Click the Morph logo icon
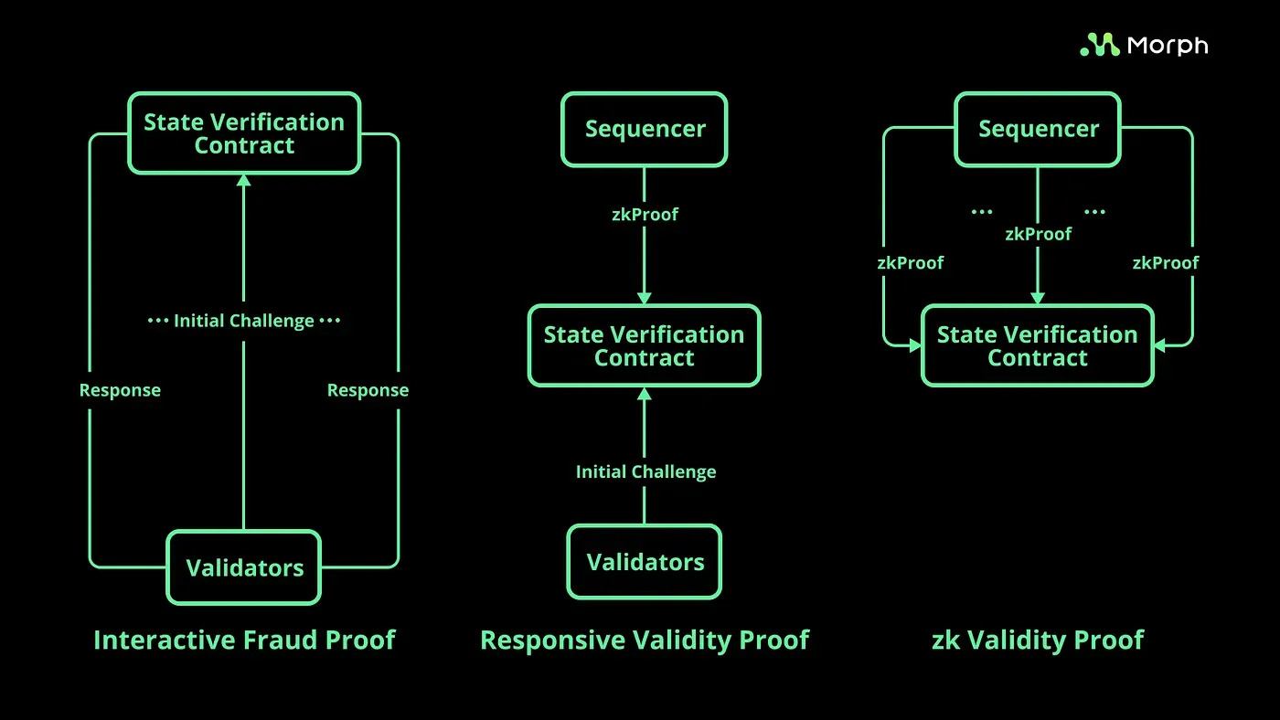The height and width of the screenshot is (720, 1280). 1099,45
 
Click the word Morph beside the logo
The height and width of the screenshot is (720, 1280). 1167,45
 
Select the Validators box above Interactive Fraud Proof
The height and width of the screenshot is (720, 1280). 243,567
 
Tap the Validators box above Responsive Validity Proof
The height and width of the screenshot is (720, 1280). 645,562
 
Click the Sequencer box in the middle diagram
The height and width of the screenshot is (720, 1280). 645,129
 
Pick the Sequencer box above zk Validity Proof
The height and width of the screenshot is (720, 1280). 1038,129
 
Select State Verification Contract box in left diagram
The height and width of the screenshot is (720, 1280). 244,133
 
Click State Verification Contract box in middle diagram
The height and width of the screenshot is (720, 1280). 645,345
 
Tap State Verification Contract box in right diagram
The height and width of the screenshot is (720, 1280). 1038,345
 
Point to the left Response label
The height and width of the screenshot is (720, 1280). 120,390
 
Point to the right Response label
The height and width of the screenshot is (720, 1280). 368,390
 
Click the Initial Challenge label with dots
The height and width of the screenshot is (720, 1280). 244,321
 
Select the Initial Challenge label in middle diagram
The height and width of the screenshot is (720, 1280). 645,471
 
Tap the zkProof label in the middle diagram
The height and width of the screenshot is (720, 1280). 645,215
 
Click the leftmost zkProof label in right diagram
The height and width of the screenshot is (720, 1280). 910,263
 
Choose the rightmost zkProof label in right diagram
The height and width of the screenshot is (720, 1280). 1166,263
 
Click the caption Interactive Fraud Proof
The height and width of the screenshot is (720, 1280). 244,640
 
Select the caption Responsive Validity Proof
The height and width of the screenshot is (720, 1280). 645,640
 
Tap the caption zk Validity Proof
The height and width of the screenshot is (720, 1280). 1038,640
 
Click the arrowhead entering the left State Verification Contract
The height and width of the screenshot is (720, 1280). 243,180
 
